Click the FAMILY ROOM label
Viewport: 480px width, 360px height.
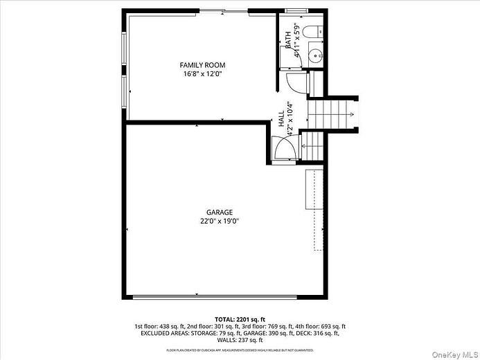[x=204, y=65]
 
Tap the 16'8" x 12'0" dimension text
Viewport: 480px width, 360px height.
[x=204, y=74]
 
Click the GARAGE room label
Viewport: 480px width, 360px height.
[x=219, y=213]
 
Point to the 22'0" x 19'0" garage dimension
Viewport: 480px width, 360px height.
[x=219, y=222]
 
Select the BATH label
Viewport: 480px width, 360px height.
[x=288, y=40]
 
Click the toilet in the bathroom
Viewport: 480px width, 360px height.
[x=314, y=31]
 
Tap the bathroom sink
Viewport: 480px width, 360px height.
[x=315, y=55]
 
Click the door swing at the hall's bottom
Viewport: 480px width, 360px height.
[x=284, y=149]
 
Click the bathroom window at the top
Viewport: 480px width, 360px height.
[x=296, y=10]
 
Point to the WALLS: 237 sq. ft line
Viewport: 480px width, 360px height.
[x=240, y=340]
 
